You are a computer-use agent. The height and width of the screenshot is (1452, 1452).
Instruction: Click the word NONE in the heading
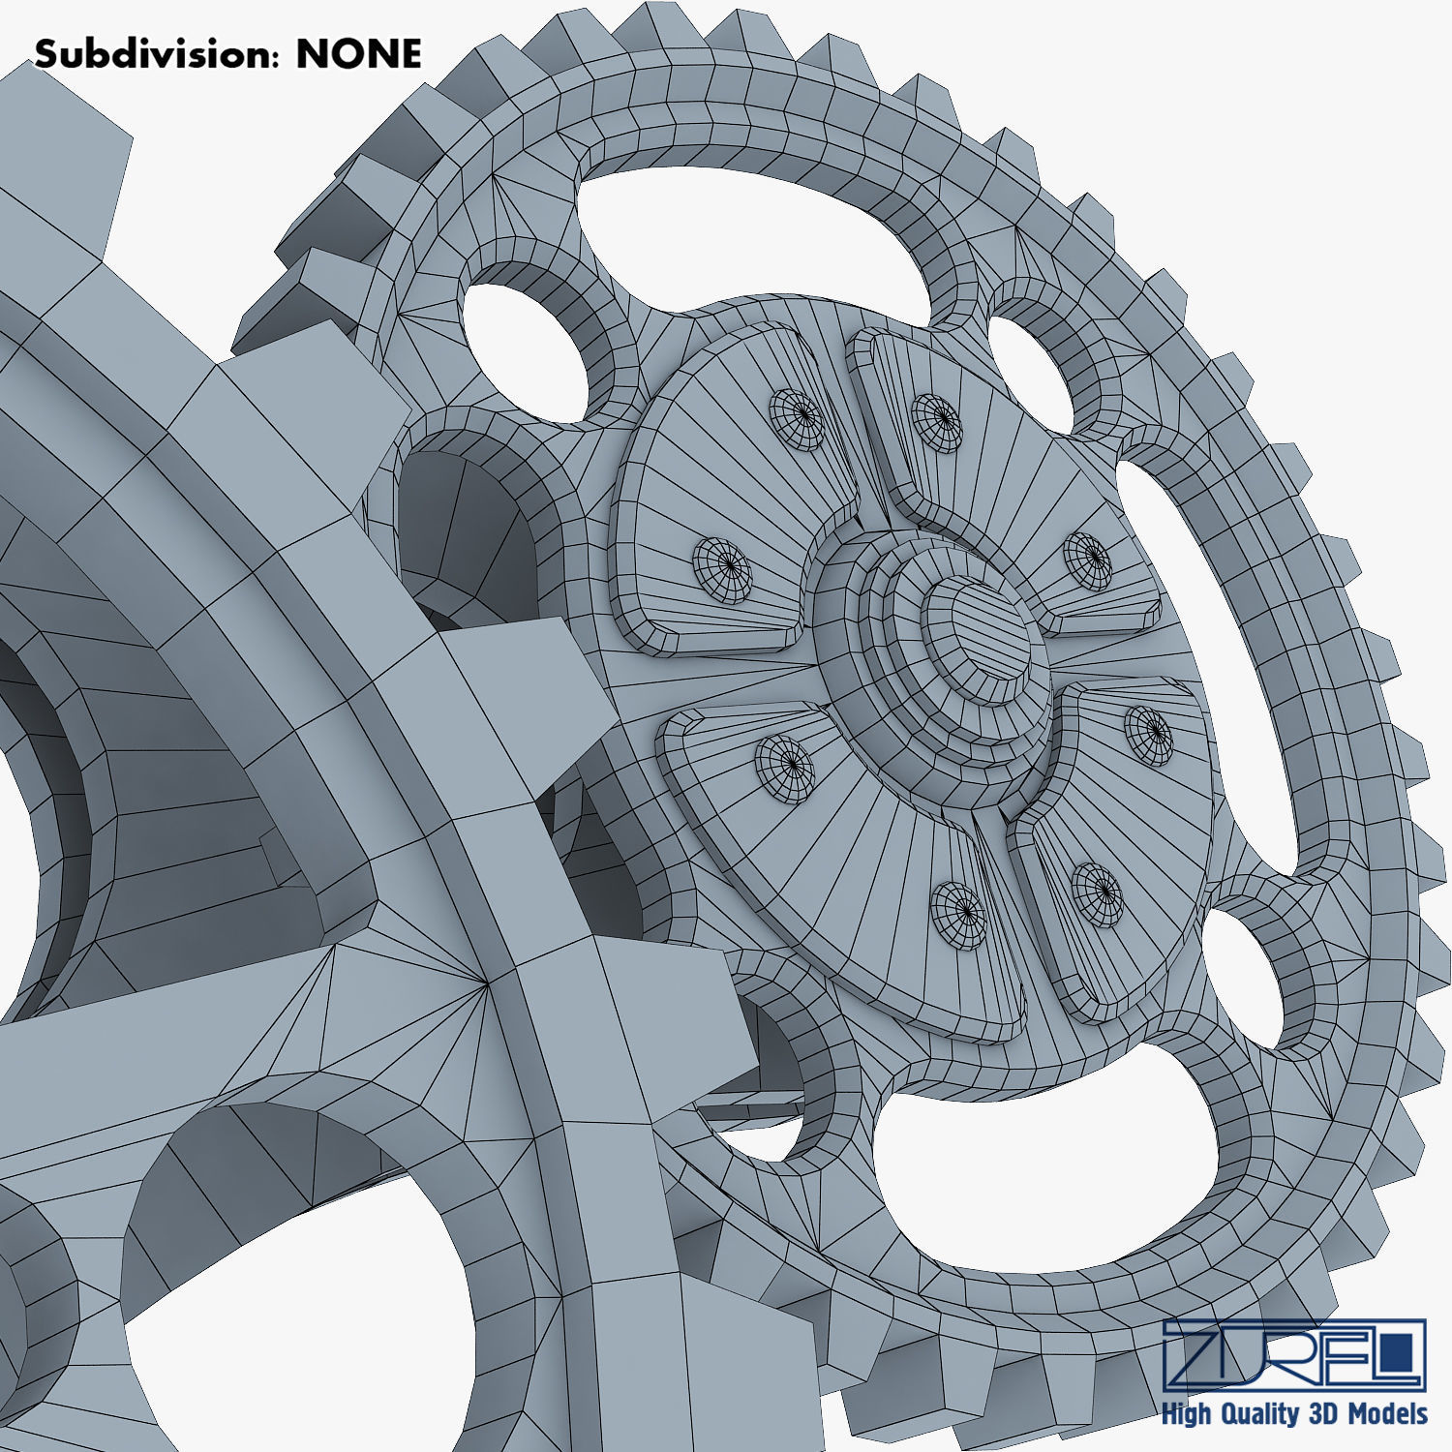tap(358, 54)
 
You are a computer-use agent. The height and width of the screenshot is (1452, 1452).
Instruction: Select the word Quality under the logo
tap(1254, 1413)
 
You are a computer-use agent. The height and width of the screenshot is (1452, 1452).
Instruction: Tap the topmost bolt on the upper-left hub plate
tap(799, 419)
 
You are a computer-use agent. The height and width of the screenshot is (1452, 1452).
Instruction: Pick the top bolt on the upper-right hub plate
tap(937, 422)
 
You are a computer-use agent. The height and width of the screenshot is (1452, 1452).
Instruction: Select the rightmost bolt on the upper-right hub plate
tap(1088, 560)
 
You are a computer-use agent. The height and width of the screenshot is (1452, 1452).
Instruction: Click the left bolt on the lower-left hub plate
tap(785, 768)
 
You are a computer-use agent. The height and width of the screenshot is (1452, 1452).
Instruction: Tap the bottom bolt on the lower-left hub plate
tap(958, 913)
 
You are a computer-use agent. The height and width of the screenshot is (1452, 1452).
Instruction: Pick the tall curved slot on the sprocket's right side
tap(1234, 658)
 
